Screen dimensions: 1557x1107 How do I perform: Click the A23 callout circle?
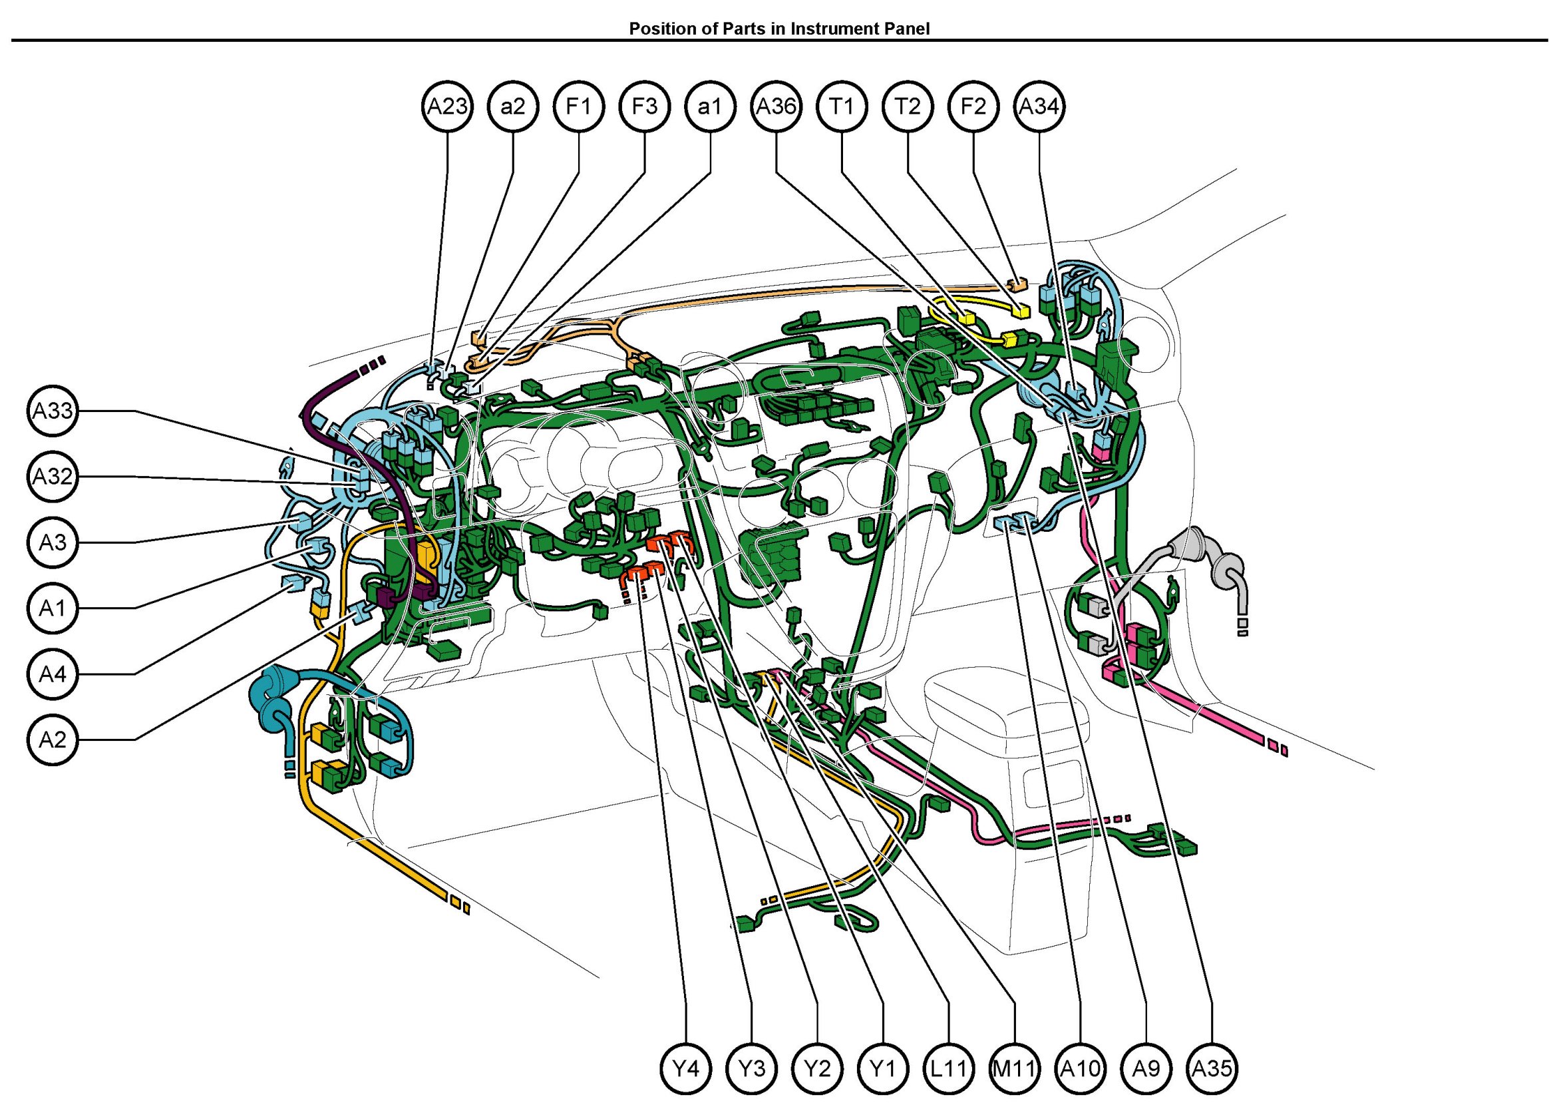pyautogui.click(x=447, y=107)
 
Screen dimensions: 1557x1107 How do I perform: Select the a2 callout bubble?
pyautogui.click(x=513, y=107)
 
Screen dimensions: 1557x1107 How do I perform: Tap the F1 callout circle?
pyautogui.click(x=578, y=107)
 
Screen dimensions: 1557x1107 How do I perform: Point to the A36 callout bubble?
pyautogui.click(x=776, y=107)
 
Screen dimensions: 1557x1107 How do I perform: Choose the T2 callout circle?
pyautogui.click(x=908, y=107)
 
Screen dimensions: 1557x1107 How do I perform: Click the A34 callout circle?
pyautogui.click(x=1039, y=107)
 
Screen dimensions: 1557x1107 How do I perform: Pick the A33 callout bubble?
pyautogui.click(x=53, y=411)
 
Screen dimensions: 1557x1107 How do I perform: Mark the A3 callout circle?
pyautogui.click(x=53, y=543)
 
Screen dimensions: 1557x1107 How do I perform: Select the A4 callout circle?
pyautogui.click(x=53, y=674)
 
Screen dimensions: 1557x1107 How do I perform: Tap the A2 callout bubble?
pyautogui.click(x=53, y=740)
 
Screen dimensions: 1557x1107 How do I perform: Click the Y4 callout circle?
pyautogui.click(x=686, y=1068)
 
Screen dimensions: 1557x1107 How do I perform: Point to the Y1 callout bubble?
pyautogui.click(x=883, y=1068)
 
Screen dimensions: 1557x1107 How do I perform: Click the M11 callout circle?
pyautogui.click(x=1015, y=1068)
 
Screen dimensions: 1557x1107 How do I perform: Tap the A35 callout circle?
pyautogui.click(x=1212, y=1068)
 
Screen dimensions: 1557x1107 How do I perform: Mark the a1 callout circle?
pyautogui.click(x=710, y=107)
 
